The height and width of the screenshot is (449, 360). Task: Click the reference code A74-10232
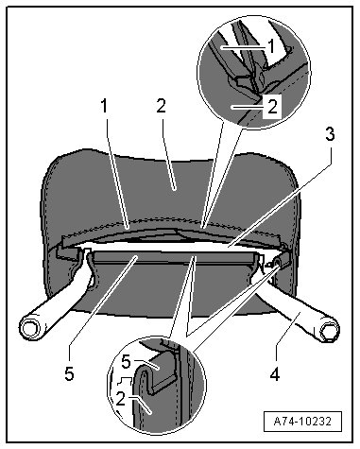(x=302, y=421)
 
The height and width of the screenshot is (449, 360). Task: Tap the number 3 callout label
(x=330, y=135)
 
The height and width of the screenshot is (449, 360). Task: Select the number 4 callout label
(x=275, y=374)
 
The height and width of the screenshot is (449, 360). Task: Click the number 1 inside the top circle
(x=271, y=46)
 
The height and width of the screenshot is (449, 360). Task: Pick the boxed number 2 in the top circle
(x=271, y=107)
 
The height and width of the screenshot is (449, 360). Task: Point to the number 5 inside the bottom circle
(x=126, y=362)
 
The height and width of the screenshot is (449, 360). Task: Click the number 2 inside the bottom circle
(x=120, y=400)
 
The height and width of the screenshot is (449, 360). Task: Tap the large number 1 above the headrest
(x=104, y=106)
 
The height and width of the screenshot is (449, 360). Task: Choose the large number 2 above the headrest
(x=161, y=106)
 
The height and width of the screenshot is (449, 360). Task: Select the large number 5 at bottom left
(x=69, y=374)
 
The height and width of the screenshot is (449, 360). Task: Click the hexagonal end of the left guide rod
(x=29, y=329)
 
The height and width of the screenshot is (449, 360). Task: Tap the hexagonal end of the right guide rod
(x=330, y=332)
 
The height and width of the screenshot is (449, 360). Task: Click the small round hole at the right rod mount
(x=277, y=262)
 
